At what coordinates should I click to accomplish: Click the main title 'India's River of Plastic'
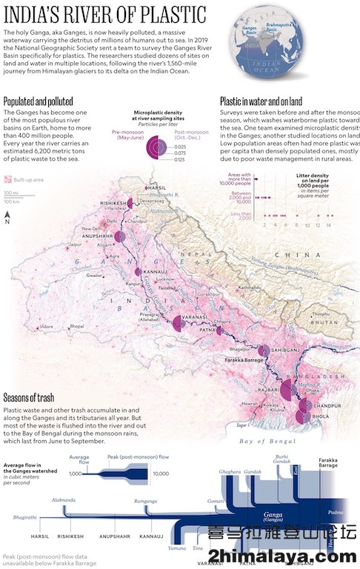104,14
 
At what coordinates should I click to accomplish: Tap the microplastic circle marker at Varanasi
178,324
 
